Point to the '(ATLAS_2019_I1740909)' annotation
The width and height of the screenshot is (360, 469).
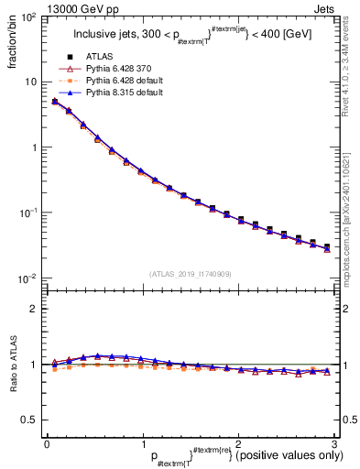point(191,274)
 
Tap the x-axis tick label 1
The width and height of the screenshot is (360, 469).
point(142,442)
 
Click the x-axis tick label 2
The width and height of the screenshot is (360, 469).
point(238,442)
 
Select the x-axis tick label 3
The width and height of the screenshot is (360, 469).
point(333,442)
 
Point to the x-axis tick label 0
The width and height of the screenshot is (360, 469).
point(47,442)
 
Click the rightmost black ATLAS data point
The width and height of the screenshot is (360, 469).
point(327,245)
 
